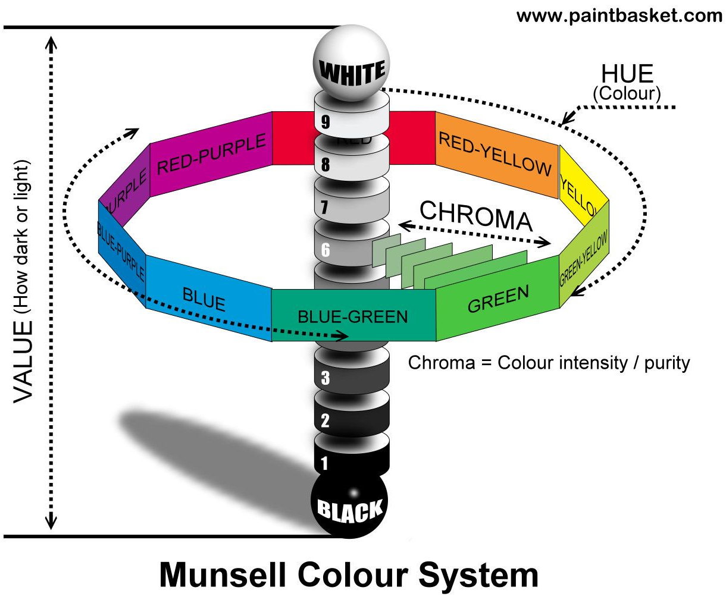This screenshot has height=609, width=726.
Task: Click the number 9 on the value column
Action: [x=326, y=122]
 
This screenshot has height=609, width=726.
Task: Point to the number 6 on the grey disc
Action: [x=326, y=250]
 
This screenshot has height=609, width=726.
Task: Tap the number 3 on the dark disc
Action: [x=325, y=378]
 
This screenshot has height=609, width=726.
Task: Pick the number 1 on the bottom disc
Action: [x=324, y=463]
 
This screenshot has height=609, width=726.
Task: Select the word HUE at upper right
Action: [x=627, y=74]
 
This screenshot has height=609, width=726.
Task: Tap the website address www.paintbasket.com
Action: [x=619, y=15]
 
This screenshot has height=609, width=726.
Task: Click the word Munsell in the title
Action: [x=223, y=576]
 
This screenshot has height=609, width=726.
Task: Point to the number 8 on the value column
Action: [x=326, y=165]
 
